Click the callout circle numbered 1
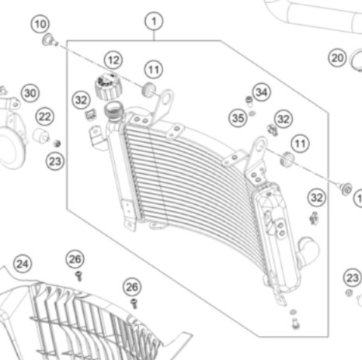154,21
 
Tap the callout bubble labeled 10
40,24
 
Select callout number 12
113,60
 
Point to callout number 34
262,92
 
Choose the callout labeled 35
238,118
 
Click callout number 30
30,93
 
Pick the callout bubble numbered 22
45,116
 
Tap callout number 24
23,264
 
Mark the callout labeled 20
337,57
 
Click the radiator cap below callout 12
109,87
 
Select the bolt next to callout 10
49,40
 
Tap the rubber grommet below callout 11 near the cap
149,89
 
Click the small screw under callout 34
249,101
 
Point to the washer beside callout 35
252,113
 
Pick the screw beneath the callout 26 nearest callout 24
78,275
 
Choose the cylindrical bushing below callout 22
40,136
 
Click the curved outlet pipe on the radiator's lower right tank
308,250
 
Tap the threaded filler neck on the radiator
113,110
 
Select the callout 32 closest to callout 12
82,100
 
